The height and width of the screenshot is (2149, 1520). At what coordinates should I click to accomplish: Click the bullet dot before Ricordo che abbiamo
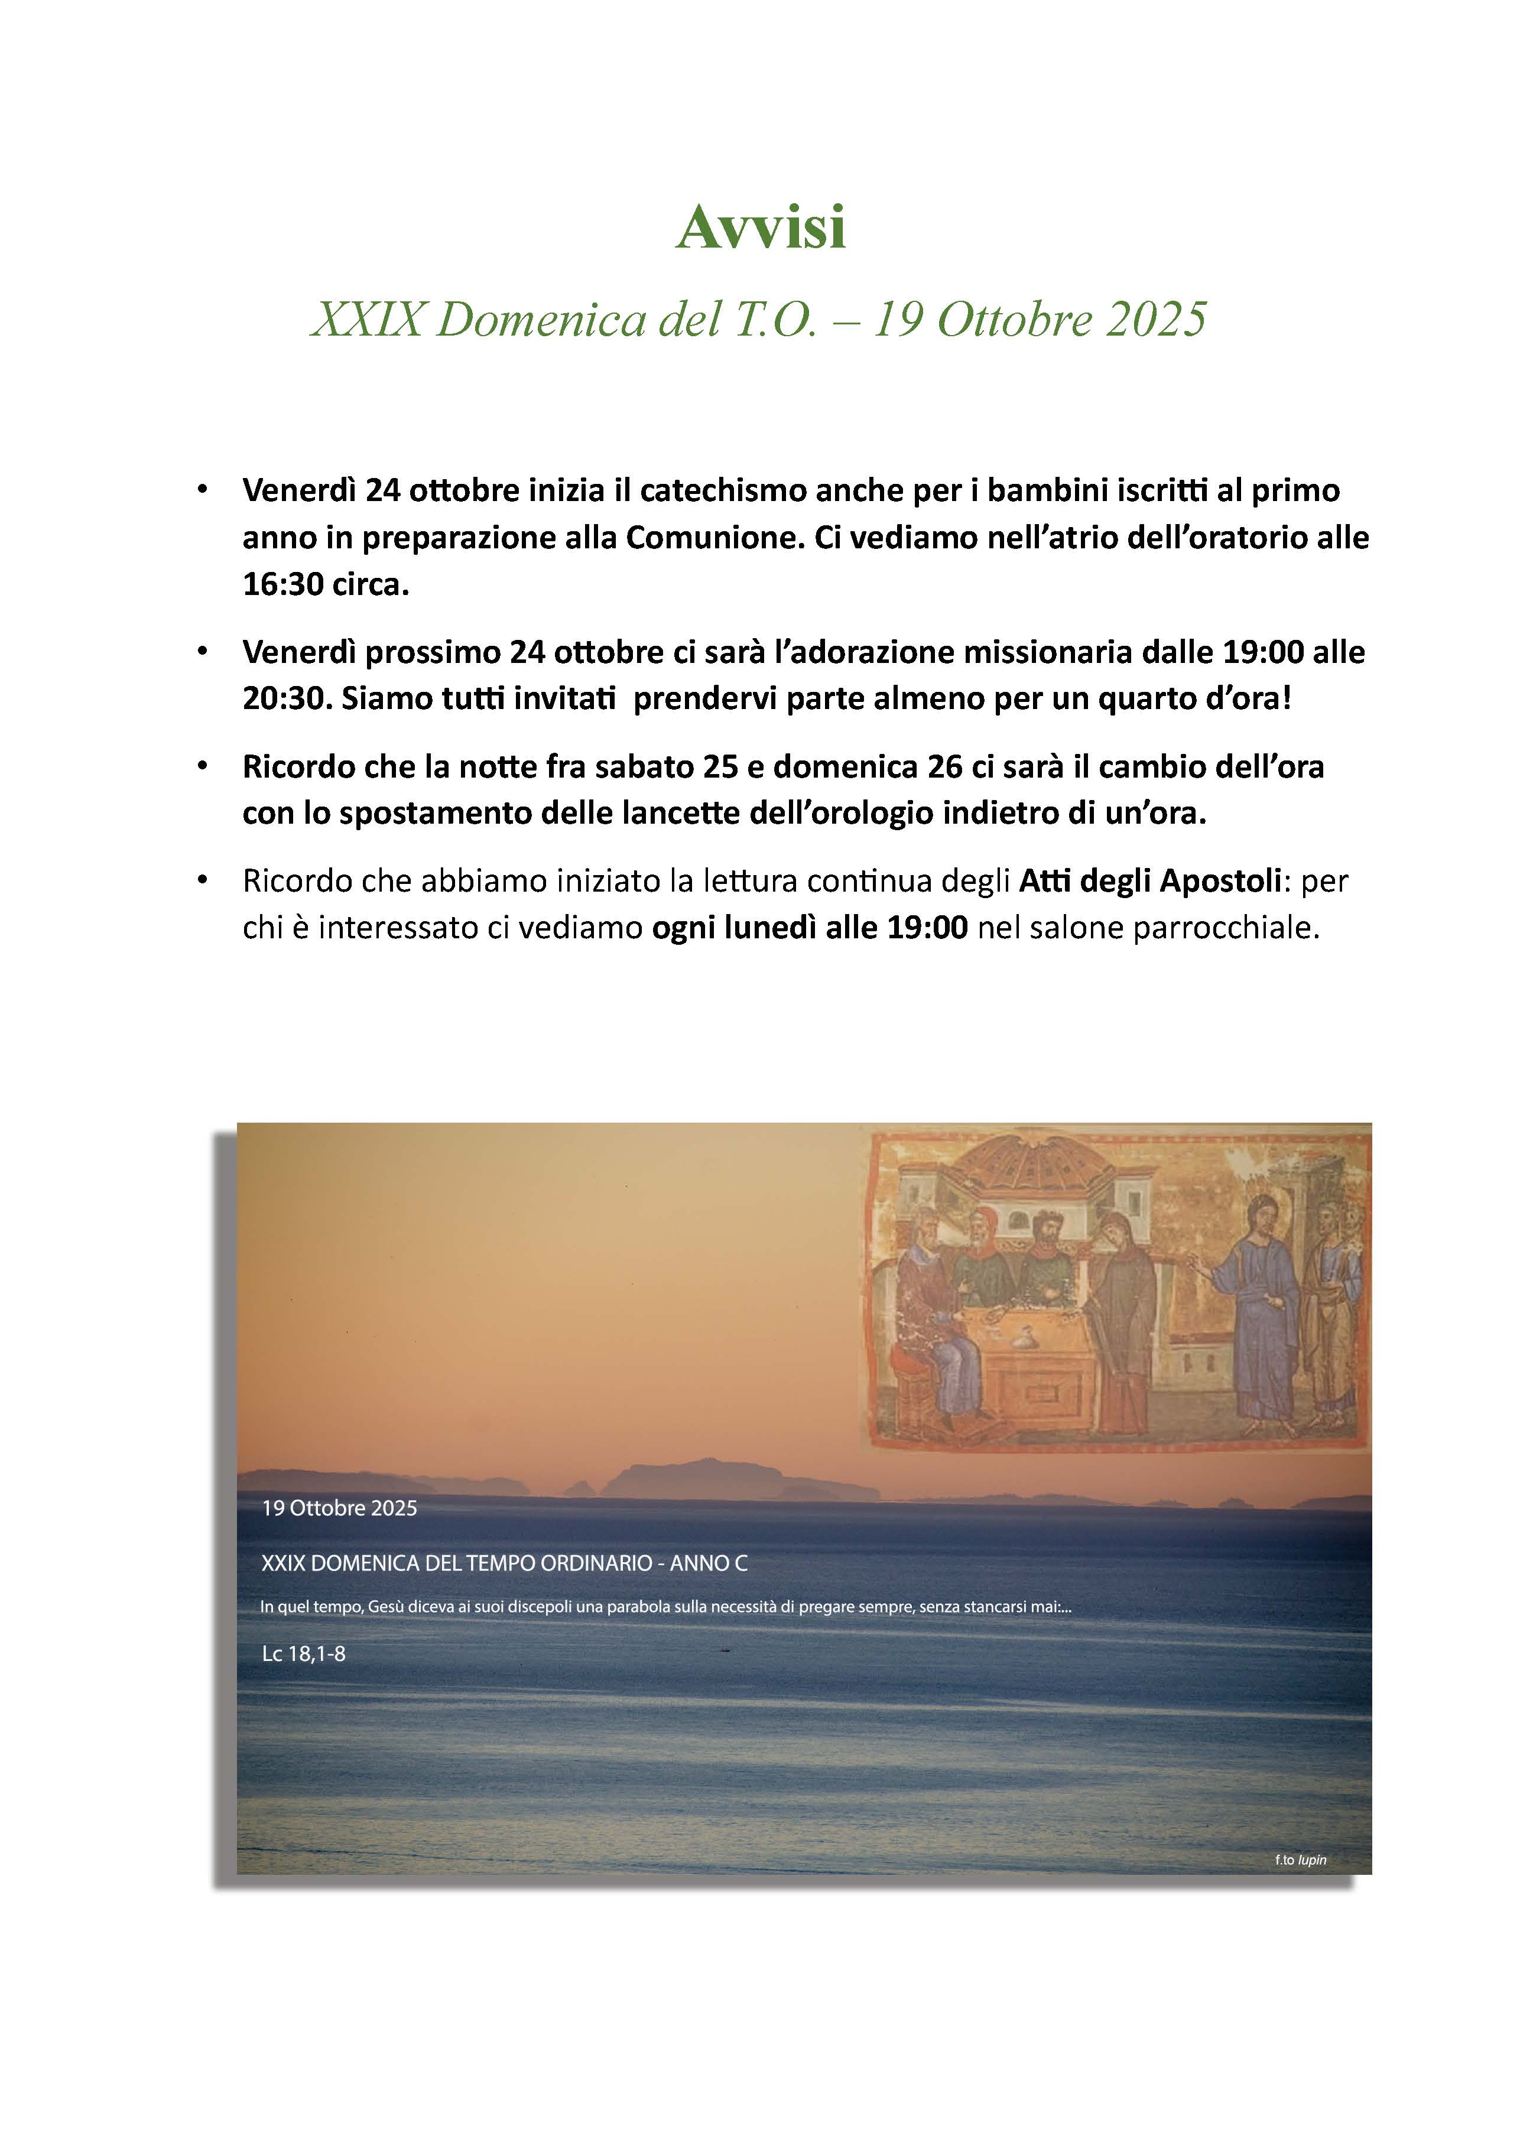(x=202, y=881)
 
